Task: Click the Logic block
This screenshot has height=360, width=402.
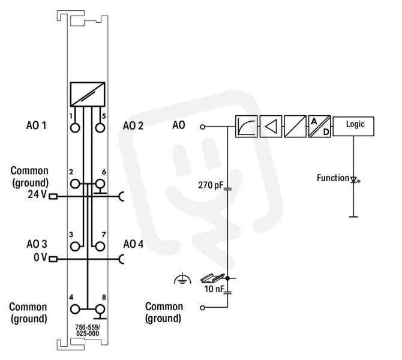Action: click(353, 126)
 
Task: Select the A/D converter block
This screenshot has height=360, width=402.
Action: click(319, 127)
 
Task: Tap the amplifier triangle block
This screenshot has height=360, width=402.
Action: click(271, 127)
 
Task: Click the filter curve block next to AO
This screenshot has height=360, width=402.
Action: click(247, 127)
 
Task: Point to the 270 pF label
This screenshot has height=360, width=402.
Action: click(211, 185)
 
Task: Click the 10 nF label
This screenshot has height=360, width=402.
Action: click(214, 289)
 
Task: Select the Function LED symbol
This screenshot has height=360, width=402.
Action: click(355, 179)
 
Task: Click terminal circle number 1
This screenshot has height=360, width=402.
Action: click(75, 128)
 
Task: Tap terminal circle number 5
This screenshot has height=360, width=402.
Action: click(100, 128)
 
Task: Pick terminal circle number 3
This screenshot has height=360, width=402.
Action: click(75, 247)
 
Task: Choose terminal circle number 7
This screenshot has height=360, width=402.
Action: click(100, 247)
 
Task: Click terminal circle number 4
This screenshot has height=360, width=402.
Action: click(75, 309)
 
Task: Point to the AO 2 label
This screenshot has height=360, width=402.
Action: click(133, 126)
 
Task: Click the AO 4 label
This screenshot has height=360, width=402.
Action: click(133, 244)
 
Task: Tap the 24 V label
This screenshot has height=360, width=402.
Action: click(37, 194)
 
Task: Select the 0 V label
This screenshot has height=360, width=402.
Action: click(40, 257)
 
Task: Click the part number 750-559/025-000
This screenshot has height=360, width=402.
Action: click(88, 331)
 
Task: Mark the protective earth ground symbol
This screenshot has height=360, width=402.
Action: click(182, 279)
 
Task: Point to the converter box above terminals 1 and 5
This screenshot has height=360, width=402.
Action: click(88, 94)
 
